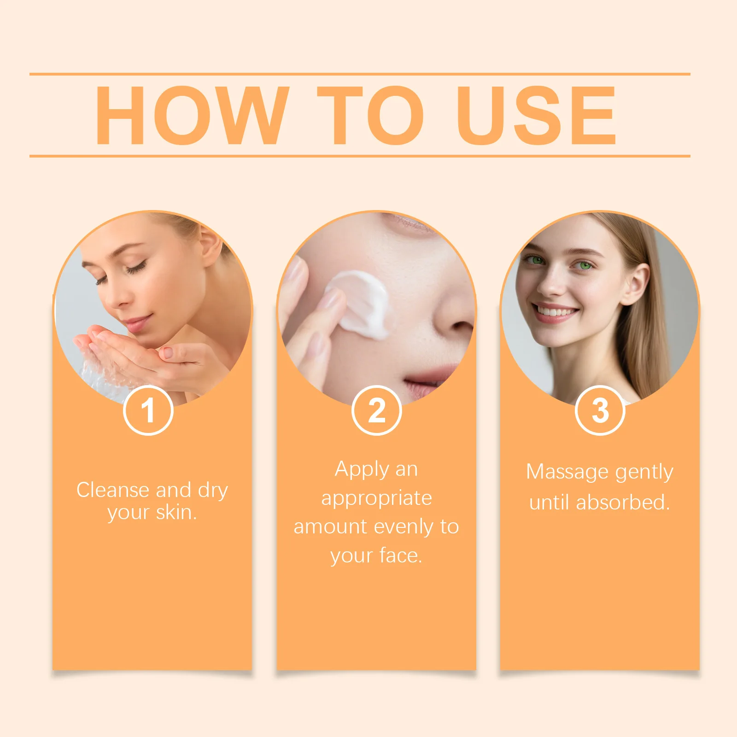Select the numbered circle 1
148,410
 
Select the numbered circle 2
376,410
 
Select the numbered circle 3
600,410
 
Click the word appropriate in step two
376,498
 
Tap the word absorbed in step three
622,503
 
